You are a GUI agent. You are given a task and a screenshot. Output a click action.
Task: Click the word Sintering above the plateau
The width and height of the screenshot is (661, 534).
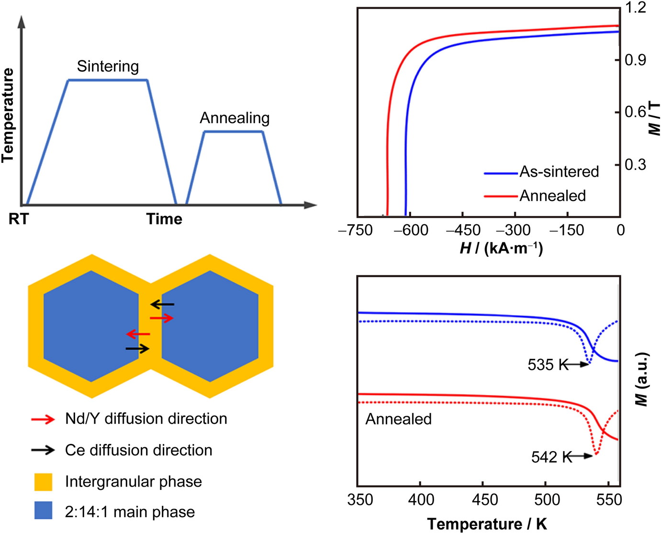click(108, 66)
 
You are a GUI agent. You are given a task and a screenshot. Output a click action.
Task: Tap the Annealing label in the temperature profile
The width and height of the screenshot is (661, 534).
click(235, 118)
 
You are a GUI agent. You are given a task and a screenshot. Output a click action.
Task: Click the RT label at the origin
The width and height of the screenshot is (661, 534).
click(19, 219)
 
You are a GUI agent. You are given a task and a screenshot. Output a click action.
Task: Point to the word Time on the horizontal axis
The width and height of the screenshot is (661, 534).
click(164, 219)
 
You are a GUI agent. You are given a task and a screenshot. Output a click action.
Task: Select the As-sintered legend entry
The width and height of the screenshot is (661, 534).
click(559, 171)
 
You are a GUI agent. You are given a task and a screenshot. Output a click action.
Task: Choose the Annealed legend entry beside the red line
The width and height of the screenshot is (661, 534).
click(552, 195)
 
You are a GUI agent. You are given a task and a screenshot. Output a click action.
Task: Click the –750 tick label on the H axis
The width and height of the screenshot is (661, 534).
click(355, 230)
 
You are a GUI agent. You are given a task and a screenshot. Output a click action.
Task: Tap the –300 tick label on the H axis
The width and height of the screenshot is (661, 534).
click(513, 230)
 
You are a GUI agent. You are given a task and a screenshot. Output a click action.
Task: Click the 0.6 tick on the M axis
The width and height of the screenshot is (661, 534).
click(636, 112)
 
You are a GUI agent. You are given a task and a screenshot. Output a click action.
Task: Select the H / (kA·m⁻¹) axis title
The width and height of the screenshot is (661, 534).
click(501, 248)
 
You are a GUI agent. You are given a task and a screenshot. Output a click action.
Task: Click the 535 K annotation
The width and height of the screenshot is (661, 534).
click(548, 365)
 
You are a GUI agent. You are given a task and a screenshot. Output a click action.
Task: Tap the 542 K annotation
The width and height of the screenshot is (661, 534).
click(551, 457)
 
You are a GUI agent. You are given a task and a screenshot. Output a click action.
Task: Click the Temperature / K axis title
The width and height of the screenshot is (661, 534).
click(487, 524)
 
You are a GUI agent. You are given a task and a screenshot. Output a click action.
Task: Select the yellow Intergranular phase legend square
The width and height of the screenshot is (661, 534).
click(43, 482)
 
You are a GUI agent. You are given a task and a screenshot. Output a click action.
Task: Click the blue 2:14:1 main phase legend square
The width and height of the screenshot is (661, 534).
click(43, 511)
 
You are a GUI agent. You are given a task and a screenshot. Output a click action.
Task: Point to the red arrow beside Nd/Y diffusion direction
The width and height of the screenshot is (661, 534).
click(43, 420)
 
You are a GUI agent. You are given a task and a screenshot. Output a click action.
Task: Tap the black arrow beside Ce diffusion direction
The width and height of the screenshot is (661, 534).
click(43, 450)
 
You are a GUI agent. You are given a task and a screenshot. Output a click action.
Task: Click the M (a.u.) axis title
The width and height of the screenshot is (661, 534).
click(642, 379)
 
